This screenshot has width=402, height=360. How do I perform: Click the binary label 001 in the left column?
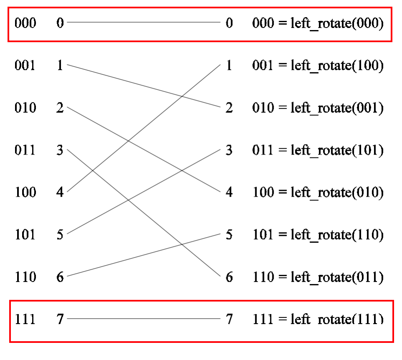point(25,65)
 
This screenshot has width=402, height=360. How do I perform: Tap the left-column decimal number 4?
point(60,192)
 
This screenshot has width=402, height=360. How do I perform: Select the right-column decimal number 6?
point(229,277)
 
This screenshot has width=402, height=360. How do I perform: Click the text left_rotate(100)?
point(337,65)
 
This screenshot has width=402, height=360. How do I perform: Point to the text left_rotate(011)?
point(337,277)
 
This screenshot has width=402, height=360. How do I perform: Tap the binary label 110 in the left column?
point(25,277)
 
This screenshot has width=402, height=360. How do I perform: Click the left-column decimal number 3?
point(60,150)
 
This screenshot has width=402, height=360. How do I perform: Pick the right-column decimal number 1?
point(229,65)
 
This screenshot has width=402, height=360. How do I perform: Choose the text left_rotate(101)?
point(337,150)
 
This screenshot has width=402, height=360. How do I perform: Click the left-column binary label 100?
point(25,192)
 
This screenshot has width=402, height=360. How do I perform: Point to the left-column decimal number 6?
point(60,277)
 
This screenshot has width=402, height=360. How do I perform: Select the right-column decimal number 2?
point(229,108)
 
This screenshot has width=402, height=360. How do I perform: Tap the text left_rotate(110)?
point(337,235)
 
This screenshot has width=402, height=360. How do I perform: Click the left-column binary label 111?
point(25,319)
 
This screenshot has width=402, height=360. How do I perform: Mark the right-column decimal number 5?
point(229,235)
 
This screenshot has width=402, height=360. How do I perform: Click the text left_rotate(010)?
point(337,192)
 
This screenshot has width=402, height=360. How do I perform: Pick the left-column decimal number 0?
point(60,23)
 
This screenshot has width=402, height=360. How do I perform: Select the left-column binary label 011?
point(25,150)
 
